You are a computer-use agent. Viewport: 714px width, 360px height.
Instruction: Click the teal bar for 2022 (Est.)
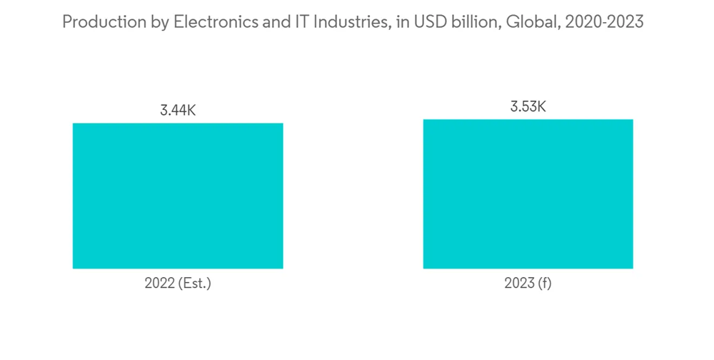178,196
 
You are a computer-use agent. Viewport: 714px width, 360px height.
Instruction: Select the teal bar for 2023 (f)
528,194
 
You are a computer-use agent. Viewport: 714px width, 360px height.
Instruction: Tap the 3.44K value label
178,111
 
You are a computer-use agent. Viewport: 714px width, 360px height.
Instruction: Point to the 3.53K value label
528,107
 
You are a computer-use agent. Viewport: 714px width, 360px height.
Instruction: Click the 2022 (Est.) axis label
178,284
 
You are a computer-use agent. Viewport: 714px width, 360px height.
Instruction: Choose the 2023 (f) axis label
528,284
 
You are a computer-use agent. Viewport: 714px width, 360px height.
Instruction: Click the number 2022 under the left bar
159,284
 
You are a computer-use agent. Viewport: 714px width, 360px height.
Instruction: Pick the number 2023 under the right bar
519,284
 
